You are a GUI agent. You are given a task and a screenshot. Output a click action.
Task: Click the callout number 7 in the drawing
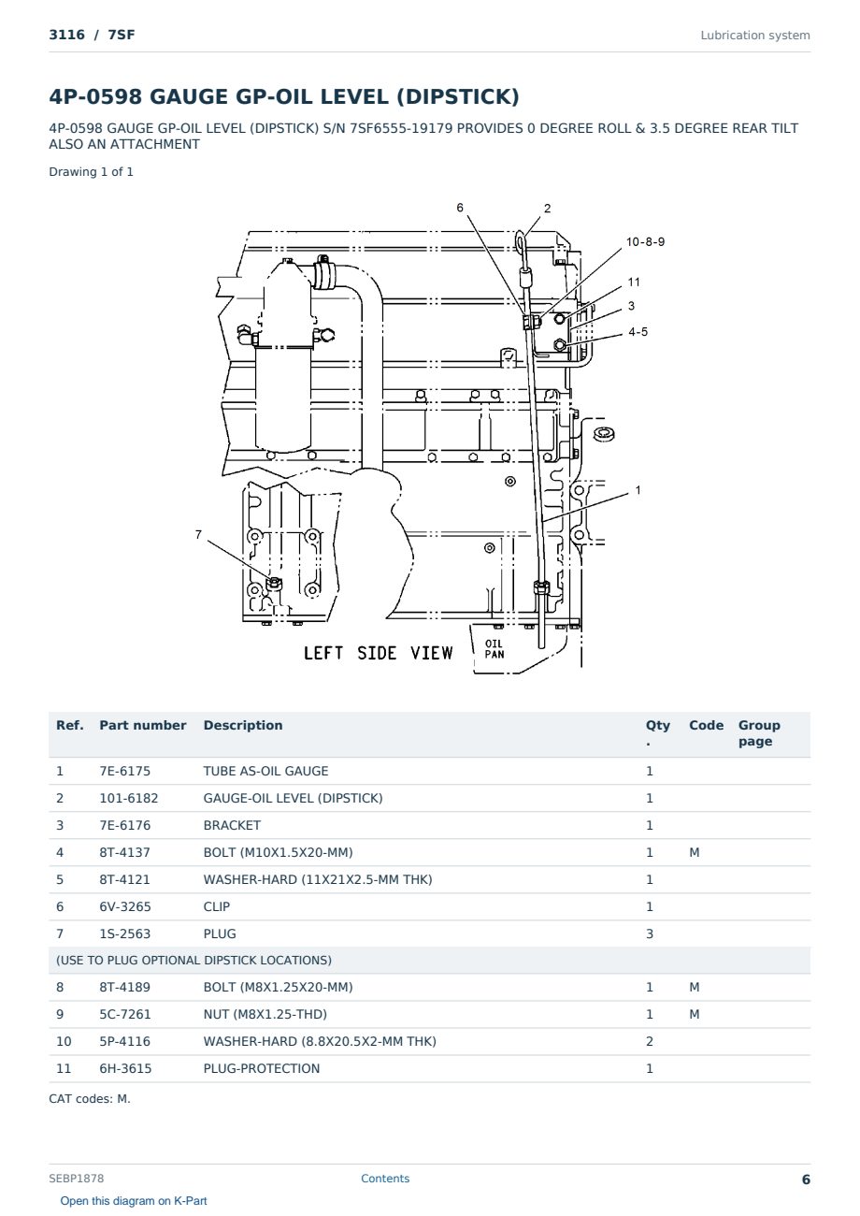click(198, 535)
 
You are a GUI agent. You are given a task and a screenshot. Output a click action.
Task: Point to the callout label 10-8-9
click(645, 241)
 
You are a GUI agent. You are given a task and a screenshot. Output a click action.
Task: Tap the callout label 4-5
click(638, 332)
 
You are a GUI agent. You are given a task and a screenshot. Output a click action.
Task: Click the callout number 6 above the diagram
click(460, 208)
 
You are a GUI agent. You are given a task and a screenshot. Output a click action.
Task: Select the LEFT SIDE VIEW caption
click(379, 653)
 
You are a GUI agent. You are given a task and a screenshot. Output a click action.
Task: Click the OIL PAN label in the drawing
click(494, 649)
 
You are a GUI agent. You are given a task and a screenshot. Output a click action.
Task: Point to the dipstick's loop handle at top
click(521, 241)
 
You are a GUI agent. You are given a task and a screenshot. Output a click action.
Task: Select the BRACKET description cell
click(232, 825)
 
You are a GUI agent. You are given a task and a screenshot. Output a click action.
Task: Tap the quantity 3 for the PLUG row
click(650, 934)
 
